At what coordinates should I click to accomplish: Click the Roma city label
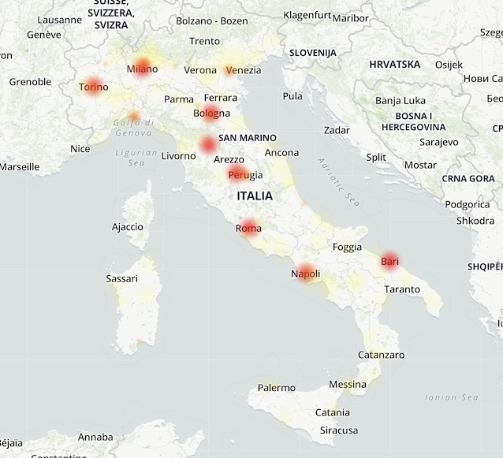248,229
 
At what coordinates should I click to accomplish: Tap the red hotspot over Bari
389,261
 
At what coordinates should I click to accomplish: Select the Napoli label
305,274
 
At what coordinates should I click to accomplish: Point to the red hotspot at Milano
143,67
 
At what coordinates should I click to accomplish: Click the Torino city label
94,87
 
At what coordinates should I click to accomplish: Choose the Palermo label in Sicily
276,388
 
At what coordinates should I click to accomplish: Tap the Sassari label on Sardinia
121,278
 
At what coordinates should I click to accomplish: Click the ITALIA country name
254,195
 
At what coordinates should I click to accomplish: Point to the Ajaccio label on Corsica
128,227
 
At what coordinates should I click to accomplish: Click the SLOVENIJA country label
313,53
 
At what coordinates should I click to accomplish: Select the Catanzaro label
381,355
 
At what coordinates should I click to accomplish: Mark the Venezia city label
243,70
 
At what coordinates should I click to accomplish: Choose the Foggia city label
347,247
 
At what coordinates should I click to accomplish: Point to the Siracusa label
339,430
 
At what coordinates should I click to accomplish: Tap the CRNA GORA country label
468,179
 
